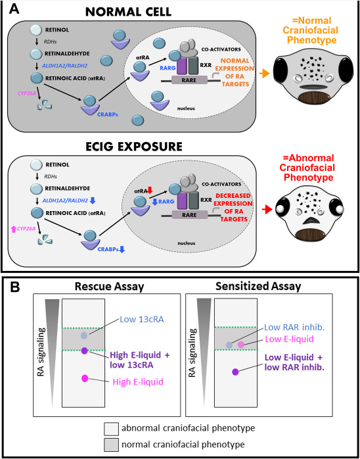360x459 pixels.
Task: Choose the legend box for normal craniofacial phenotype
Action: (x=112, y=445)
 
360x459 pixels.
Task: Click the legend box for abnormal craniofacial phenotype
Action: (x=112, y=427)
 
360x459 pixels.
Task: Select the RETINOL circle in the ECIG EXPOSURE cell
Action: (x=37, y=164)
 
